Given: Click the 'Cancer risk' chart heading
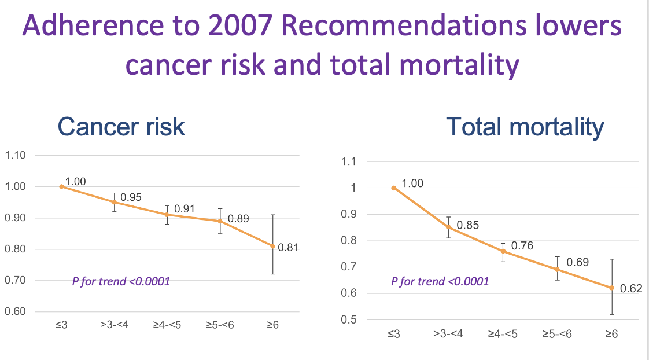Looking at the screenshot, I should click(121, 127).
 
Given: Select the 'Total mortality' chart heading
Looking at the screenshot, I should click(525, 127).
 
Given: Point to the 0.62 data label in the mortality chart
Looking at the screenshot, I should click(631, 288).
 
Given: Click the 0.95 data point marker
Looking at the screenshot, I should click(114, 203).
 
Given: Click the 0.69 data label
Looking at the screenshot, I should click(578, 263).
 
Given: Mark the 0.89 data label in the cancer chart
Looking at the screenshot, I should click(238, 219).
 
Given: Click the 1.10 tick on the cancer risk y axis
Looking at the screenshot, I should click(16, 155).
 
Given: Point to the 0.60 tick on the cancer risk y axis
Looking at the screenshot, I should click(16, 312).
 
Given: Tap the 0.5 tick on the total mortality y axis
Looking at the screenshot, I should click(348, 320).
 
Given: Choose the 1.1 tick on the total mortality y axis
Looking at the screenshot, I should click(348, 161).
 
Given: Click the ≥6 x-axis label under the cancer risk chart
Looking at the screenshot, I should click(273, 325).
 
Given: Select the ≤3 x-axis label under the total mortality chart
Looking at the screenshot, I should click(394, 335).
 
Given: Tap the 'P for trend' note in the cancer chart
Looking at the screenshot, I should click(120, 282).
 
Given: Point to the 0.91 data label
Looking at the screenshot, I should click(184, 208).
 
